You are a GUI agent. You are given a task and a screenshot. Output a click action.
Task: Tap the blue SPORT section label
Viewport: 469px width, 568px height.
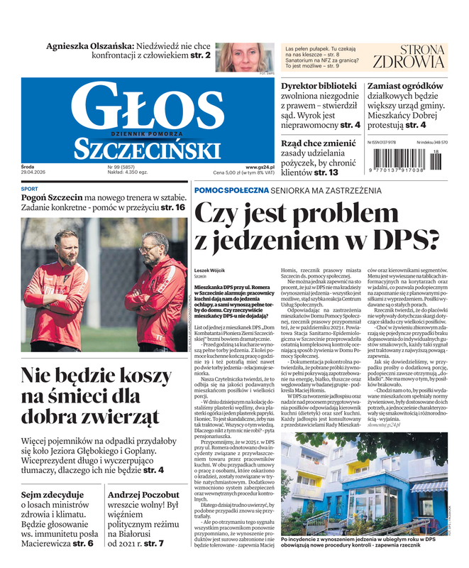tap(30, 190)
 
